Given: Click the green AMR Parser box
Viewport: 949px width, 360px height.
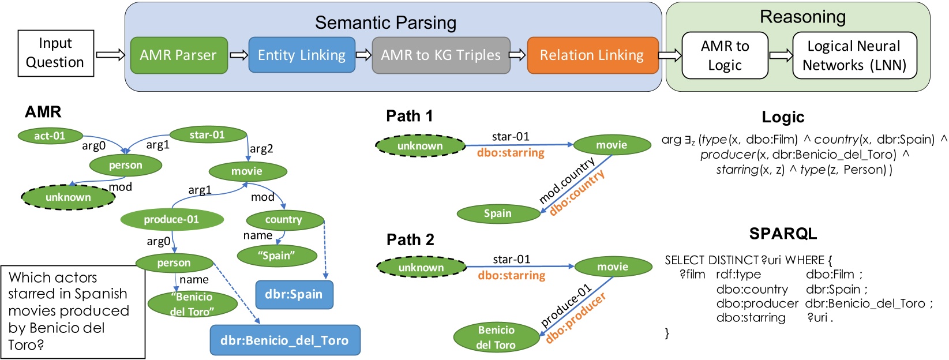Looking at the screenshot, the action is [x=179, y=55].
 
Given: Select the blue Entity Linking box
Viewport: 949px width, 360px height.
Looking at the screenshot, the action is [x=302, y=55].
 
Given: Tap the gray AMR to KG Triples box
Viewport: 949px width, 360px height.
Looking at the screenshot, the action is [x=441, y=55].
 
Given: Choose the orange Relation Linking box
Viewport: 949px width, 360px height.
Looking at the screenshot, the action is [x=592, y=55].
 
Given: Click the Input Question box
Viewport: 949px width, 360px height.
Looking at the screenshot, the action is [x=55, y=53].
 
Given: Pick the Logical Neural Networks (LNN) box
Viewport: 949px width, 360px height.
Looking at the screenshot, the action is [x=854, y=55].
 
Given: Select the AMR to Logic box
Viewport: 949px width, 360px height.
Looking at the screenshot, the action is [x=725, y=55].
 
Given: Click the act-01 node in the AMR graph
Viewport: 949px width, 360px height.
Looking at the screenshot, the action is [x=50, y=136].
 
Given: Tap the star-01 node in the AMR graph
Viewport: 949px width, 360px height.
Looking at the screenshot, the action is [x=208, y=134].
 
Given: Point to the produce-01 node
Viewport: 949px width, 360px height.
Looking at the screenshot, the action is [x=171, y=219].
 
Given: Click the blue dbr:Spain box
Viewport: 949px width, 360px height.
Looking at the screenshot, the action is [x=294, y=294].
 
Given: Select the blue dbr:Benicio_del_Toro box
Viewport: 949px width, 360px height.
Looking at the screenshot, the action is [x=285, y=340].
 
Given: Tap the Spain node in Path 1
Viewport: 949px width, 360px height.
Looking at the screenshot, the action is [x=498, y=213].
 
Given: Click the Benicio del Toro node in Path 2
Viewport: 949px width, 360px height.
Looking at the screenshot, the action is [x=496, y=337].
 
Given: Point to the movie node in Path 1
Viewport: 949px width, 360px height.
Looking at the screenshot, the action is [x=612, y=145].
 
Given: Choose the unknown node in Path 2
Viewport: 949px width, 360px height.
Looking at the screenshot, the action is [x=421, y=268].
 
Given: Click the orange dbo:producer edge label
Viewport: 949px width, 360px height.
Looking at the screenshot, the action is [x=575, y=318].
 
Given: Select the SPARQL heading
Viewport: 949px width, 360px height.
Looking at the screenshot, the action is [x=783, y=234].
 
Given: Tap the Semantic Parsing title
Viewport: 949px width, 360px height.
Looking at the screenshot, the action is [x=385, y=22].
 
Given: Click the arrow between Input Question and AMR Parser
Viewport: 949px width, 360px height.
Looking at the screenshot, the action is [x=111, y=55].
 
